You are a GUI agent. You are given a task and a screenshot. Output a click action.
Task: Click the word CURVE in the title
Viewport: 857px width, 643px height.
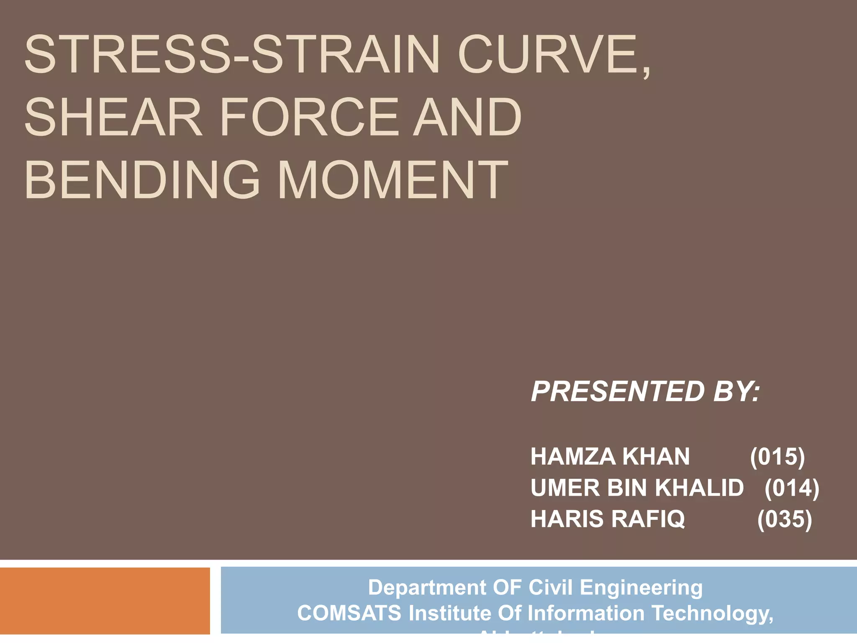pyautogui.click(x=548, y=55)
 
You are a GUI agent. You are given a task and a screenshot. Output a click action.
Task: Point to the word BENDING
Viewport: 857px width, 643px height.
pyautogui.click(x=142, y=180)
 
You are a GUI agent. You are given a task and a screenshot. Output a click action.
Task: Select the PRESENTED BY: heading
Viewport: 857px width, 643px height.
pyautogui.click(x=645, y=391)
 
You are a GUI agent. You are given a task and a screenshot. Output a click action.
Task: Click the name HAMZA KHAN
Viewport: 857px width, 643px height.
pyautogui.click(x=610, y=456)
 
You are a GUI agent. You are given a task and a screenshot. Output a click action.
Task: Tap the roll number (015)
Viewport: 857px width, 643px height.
pyautogui.click(x=777, y=456)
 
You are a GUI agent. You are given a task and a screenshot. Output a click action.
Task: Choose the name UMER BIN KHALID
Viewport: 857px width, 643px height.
pyautogui.click(x=637, y=488)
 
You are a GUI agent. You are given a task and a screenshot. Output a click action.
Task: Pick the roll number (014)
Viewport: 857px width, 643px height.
pyautogui.click(x=791, y=488)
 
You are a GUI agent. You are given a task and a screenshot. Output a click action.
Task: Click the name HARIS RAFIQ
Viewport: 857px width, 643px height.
pyautogui.click(x=607, y=519)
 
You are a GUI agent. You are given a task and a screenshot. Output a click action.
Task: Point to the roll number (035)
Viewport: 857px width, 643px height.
pyautogui.click(x=784, y=519)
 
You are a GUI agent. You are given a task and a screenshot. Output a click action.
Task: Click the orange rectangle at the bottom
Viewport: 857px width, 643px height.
pyautogui.click(x=105, y=600)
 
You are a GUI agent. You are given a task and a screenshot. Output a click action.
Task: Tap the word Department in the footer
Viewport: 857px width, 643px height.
pyautogui.click(x=426, y=587)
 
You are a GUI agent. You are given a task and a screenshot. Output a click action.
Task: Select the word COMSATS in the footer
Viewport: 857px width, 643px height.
pyautogui.click(x=349, y=613)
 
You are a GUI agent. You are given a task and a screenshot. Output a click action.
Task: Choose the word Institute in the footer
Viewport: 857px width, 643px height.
pyautogui.click(x=450, y=613)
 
